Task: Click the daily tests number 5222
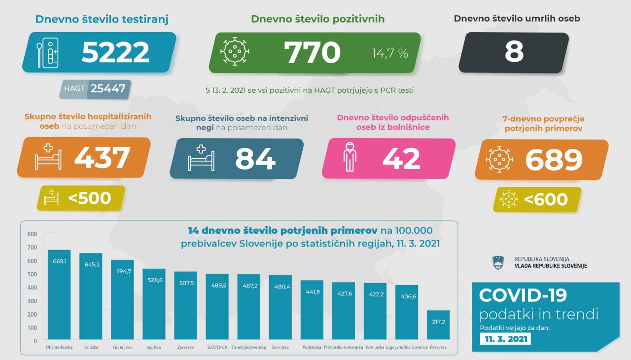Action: (x=115, y=52)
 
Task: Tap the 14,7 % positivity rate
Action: (x=389, y=53)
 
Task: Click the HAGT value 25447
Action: (x=108, y=89)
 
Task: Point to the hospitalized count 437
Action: (x=102, y=158)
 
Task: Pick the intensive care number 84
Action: (x=255, y=159)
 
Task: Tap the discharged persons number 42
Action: (x=401, y=159)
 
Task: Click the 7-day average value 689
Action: (x=554, y=159)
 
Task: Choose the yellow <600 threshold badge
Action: (x=537, y=200)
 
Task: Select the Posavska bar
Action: (x=438, y=325)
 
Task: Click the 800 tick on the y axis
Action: (x=32, y=234)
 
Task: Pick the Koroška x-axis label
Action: (x=91, y=347)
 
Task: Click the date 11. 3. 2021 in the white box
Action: (x=506, y=339)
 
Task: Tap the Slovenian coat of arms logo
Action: (x=498, y=262)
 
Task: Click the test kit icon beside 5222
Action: (x=48, y=52)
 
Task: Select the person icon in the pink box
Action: (x=349, y=158)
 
